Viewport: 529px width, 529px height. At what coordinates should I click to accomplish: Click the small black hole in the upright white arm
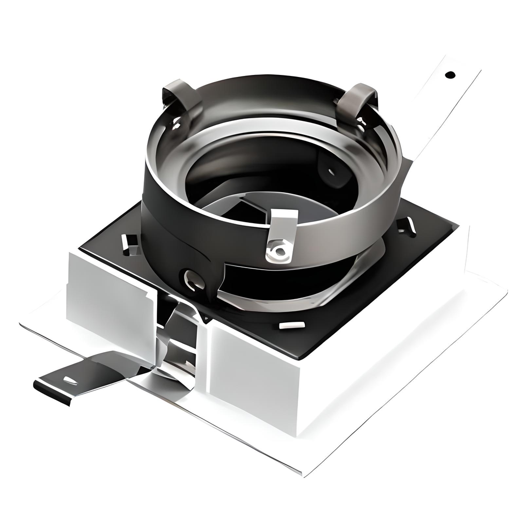[x=450, y=74]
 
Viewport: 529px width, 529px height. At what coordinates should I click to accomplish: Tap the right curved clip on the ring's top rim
[x=357, y=101]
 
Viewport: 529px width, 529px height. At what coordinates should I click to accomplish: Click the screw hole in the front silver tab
[x=279, y=252]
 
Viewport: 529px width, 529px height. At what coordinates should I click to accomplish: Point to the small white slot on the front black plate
[x=292, y=325]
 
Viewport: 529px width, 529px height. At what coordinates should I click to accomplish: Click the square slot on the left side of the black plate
[x=131, y=243]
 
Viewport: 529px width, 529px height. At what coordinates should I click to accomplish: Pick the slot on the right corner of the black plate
[x=408, y=226]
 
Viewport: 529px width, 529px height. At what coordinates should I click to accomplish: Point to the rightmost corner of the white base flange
[x=506, y=294]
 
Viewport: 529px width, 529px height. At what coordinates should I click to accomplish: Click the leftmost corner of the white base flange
[x=21, y=325]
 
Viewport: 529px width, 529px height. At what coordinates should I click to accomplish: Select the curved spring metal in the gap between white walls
[x=178, y=336]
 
